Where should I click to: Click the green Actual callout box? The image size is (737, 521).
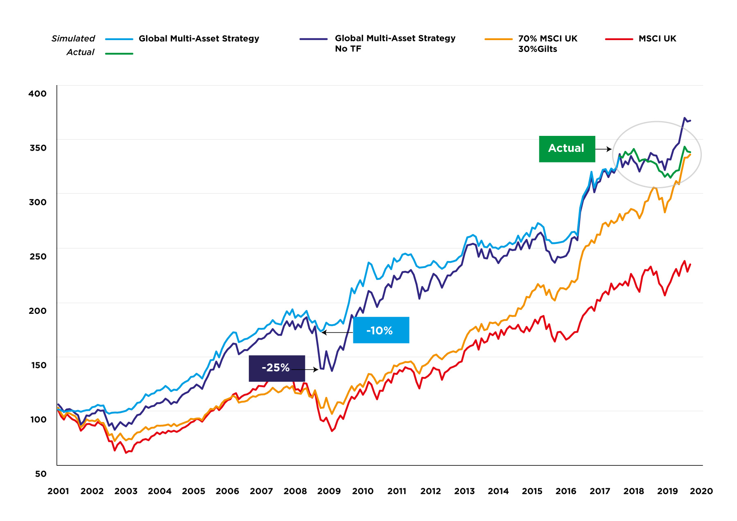click(x=567, y=149)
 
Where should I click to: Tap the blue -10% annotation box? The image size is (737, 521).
click(x=381, y=330)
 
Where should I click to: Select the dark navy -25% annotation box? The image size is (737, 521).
click(x=277, y=368)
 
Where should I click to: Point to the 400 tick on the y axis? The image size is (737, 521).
click(x=38, y=94)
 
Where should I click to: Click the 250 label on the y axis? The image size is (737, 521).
click(x=38, y=257)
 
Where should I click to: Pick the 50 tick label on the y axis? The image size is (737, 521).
click(x=41, y=474)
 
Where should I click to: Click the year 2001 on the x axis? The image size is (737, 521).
click(x=58, y=491)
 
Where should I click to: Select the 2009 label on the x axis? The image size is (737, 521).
click(x=329, y=491)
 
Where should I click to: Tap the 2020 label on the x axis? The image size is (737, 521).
click(x=701, y=491)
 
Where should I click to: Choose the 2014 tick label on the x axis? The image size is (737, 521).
click(x=498, y=491)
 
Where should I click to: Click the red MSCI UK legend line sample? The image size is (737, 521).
click(x=619, y=39)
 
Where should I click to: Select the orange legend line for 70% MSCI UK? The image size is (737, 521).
click(x=498, y=39)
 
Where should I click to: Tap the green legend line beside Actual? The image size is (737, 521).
click(x=119, y=54)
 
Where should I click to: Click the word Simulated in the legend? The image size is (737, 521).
click(x=73, y=38)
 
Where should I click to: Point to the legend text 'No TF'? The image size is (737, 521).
click(x=348, y=49)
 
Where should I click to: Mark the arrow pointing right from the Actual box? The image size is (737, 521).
click(x=603, y=149)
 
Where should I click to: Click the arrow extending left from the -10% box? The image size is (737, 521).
click(x=337, y=332)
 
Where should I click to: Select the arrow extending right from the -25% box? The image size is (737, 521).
click(x=305, y=370)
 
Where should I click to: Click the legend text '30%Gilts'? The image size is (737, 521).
click(x=538, y=49)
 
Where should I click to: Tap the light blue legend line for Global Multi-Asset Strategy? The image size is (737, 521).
click(x=119, y=39)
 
